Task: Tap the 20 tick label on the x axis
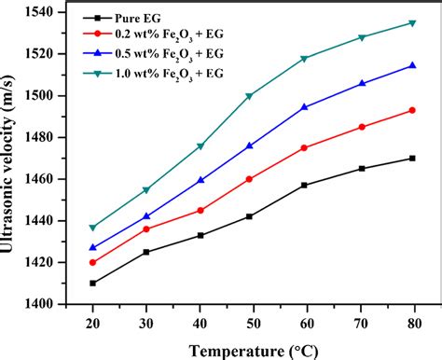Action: point(92,320)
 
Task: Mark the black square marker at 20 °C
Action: point(92,283)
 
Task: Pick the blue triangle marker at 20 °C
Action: point(92,247)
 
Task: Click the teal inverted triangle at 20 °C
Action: point(92,228)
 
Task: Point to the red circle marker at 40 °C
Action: point(200,210)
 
